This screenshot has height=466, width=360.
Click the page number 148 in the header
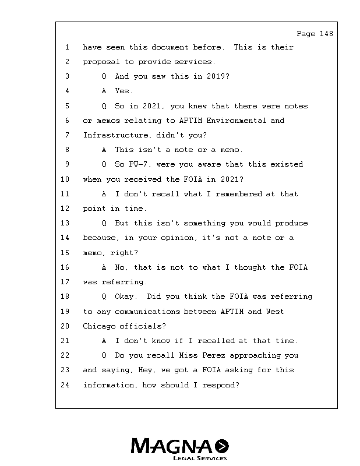click(x=326, y=34)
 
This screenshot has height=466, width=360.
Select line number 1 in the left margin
click(x=67, y=47)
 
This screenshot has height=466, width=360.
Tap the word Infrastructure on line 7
click(x=115, y=135)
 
